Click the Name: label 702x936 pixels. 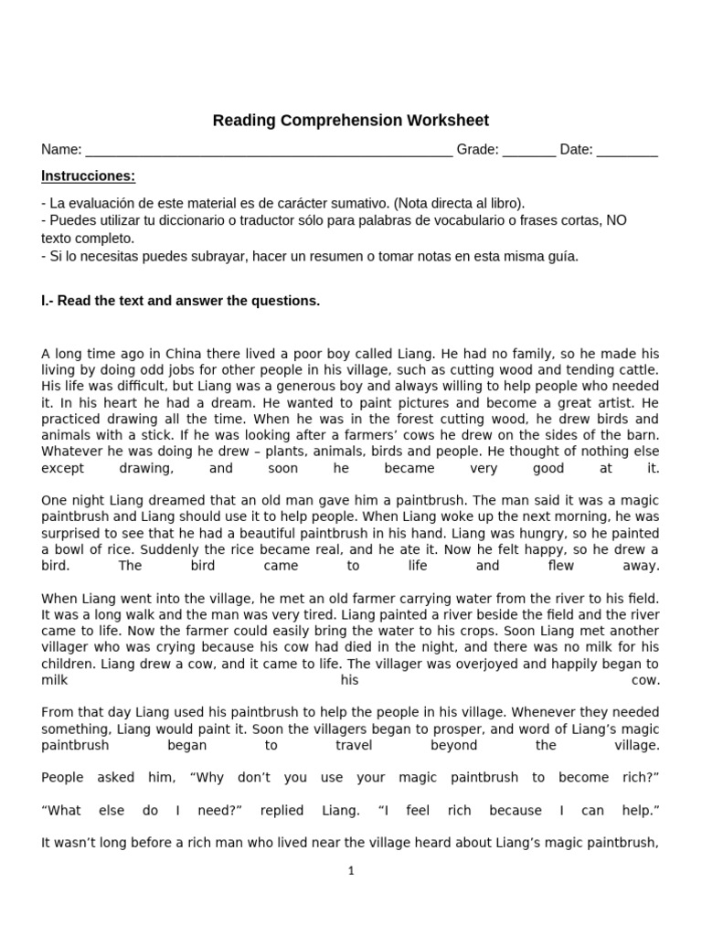coord(61,150)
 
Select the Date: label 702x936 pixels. coord(576,150)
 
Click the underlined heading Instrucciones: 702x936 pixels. coord(89,175)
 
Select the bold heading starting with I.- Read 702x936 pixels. coord(181,301)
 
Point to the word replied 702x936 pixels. coord(282,811)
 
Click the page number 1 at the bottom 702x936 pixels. coord(351,871)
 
